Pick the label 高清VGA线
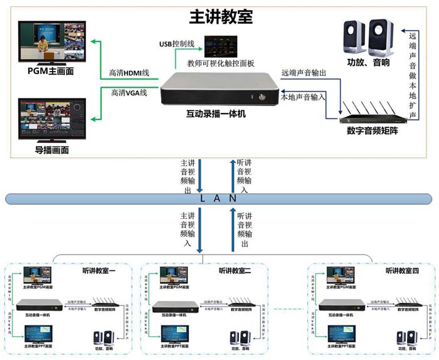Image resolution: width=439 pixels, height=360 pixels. (x=129, y=93)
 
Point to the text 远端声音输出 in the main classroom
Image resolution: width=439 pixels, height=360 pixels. (x=304, y=73)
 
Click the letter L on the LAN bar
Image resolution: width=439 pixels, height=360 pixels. (x=202, y=198)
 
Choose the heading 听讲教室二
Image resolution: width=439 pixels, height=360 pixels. (x=235, y=270)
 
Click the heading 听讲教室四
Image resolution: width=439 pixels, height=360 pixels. (x=402, y=270)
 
